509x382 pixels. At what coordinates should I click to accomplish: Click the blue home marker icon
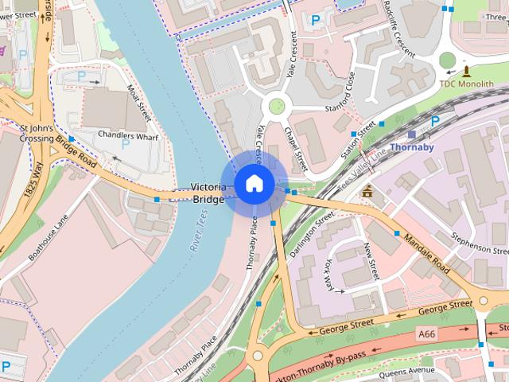click(254, 183)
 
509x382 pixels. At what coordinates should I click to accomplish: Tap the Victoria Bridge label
click(208, 193)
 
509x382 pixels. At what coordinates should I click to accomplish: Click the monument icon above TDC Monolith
click(467, 70)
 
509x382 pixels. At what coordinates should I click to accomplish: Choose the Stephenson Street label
click(479, 242)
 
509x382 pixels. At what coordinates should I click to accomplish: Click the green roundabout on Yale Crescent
click(276, 105)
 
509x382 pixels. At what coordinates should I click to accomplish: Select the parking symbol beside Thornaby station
click(434, 121)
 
